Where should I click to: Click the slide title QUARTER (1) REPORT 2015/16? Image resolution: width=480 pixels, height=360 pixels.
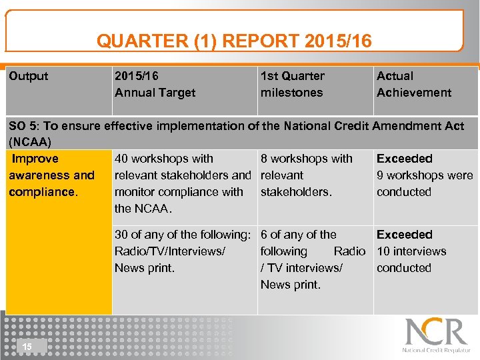click(234, 41)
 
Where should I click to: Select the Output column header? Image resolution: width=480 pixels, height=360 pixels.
click(29, 76)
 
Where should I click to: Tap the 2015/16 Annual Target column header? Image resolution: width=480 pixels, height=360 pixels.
click(155, 85)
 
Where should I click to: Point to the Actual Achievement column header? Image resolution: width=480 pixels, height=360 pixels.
click(413, 85)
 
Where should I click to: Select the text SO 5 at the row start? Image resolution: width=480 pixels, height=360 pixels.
click(22, 125)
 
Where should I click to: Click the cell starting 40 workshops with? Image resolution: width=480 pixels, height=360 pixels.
click(181, 183)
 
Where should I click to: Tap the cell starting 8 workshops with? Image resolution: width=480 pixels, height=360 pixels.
click(306, 175)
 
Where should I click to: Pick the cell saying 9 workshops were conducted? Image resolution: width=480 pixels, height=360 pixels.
click(424, 184)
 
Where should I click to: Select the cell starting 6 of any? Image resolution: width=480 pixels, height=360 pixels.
click(312, 259)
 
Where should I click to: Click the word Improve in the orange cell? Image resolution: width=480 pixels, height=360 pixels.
click(35, 159)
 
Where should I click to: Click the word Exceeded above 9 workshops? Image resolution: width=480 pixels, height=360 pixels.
click(404, 159)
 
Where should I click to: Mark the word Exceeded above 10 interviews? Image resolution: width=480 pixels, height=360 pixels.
click(404, 235)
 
